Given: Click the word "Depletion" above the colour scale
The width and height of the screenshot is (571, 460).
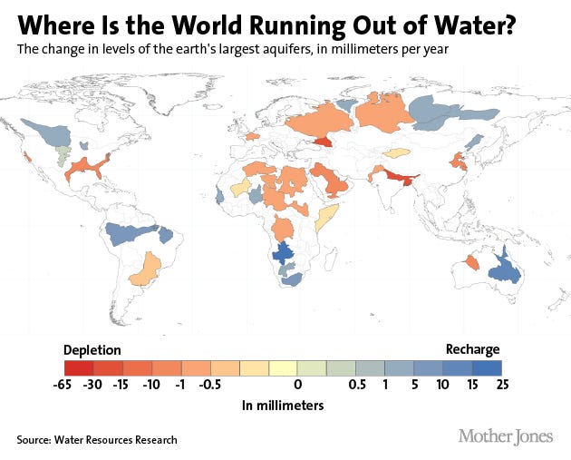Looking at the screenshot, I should pyautogui.click(x=92, y=349).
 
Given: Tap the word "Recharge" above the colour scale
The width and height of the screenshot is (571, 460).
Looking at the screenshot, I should pyautogui.click(x=472, y=349).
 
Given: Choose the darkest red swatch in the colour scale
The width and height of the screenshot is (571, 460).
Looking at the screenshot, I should pyautogui.click(x=80, y=367).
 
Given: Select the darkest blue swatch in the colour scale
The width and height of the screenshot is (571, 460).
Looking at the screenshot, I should pyautogui.click(x=488, y=367).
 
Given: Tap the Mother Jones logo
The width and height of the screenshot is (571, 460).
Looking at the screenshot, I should pyautogui.click(x=505, y=436).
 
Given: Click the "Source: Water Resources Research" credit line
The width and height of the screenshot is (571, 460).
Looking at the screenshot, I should pyautogui.click(x=96, y=440).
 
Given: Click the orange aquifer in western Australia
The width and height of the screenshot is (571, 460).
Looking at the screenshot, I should pyautogui.click(x=470, y=262).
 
